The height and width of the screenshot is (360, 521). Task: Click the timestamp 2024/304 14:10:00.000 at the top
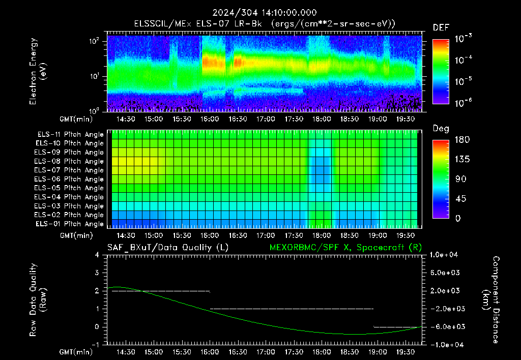[x=265, y=13]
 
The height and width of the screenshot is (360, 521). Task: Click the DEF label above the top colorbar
[x=441, y=27]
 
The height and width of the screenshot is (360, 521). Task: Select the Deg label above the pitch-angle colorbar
[x=441, y=129]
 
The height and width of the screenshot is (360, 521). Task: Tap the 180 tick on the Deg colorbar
[x=462, y=139]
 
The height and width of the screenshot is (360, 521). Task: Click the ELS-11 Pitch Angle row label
[x=70, y=135]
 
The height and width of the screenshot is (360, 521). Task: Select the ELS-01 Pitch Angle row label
[x=69, y=224]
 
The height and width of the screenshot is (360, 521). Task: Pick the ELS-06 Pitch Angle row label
[x=69, y=179]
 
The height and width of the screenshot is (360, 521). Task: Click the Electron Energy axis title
[x=38, y=71]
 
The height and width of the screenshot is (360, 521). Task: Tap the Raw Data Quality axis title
[x=38, y=300]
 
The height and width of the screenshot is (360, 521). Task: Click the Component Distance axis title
[x=491, y=300]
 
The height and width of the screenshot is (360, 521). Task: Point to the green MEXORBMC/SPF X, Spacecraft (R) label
[x=345, y=248]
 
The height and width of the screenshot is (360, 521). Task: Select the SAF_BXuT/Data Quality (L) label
[x=168, y=248]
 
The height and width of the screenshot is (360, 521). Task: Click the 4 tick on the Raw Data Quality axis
[x=97, y=255]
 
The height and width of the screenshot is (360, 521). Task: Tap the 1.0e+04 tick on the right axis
[x=444, y=255]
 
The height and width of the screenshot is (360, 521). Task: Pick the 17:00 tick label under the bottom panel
[x=266, y=352]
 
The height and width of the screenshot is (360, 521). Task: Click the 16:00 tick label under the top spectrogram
[x=209, y=119]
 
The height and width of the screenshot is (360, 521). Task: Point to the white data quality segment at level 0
[x=398, y=327]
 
